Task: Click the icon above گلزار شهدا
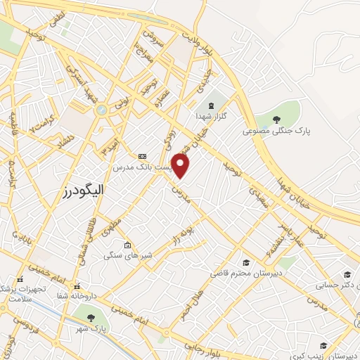tap(211, 106)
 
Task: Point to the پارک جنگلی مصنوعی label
tap(277, 131)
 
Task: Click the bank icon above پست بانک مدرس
tap(143, 155)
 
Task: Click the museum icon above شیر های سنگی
tap(127, 245)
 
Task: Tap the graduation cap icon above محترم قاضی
tap(245, 261)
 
